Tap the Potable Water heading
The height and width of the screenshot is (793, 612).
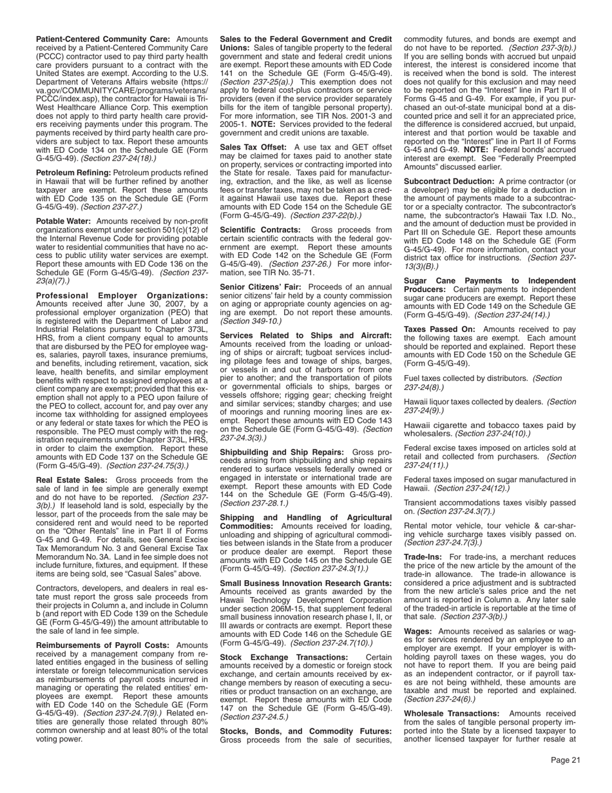point(64,221)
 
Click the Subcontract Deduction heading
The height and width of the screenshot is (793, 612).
point(448,181)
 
